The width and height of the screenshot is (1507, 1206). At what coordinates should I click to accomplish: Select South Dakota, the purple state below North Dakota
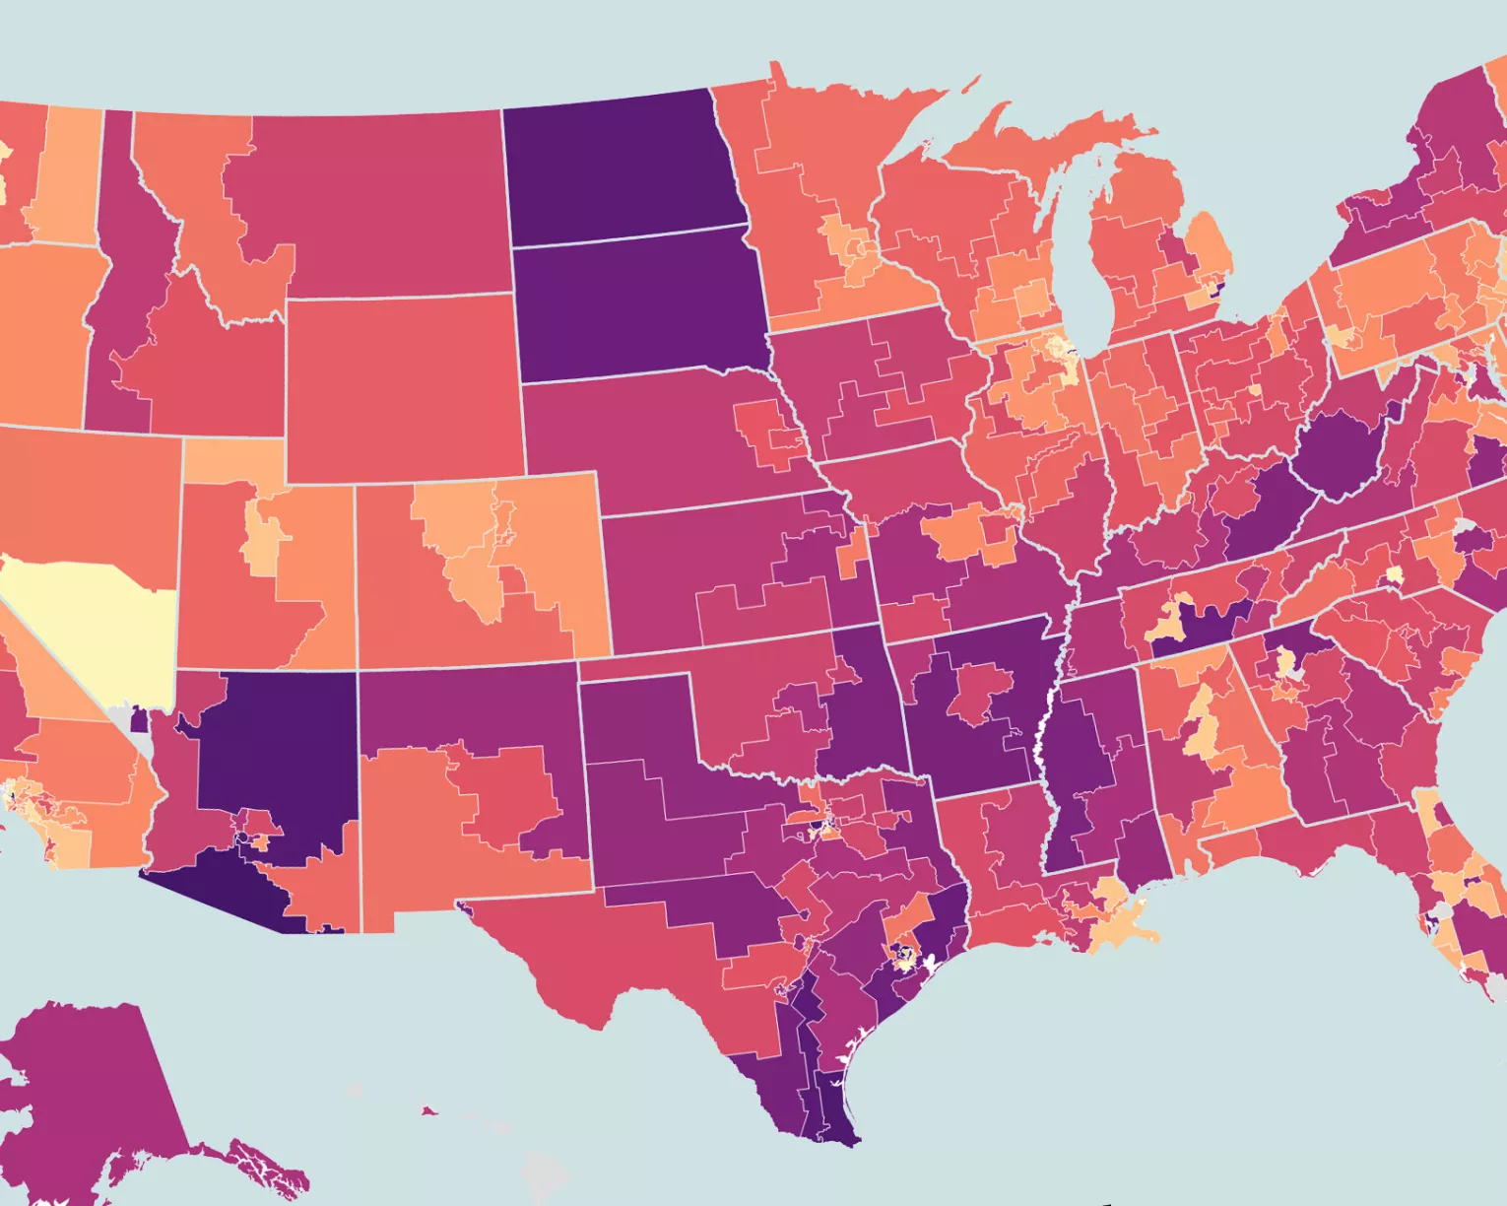tap(640, 305)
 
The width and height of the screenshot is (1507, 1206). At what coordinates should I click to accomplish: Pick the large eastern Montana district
tap(374, 197)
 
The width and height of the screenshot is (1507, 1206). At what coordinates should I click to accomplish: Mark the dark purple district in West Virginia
tap(1340, 453)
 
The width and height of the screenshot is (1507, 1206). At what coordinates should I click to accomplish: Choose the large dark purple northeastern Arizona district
tap(276, 749)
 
